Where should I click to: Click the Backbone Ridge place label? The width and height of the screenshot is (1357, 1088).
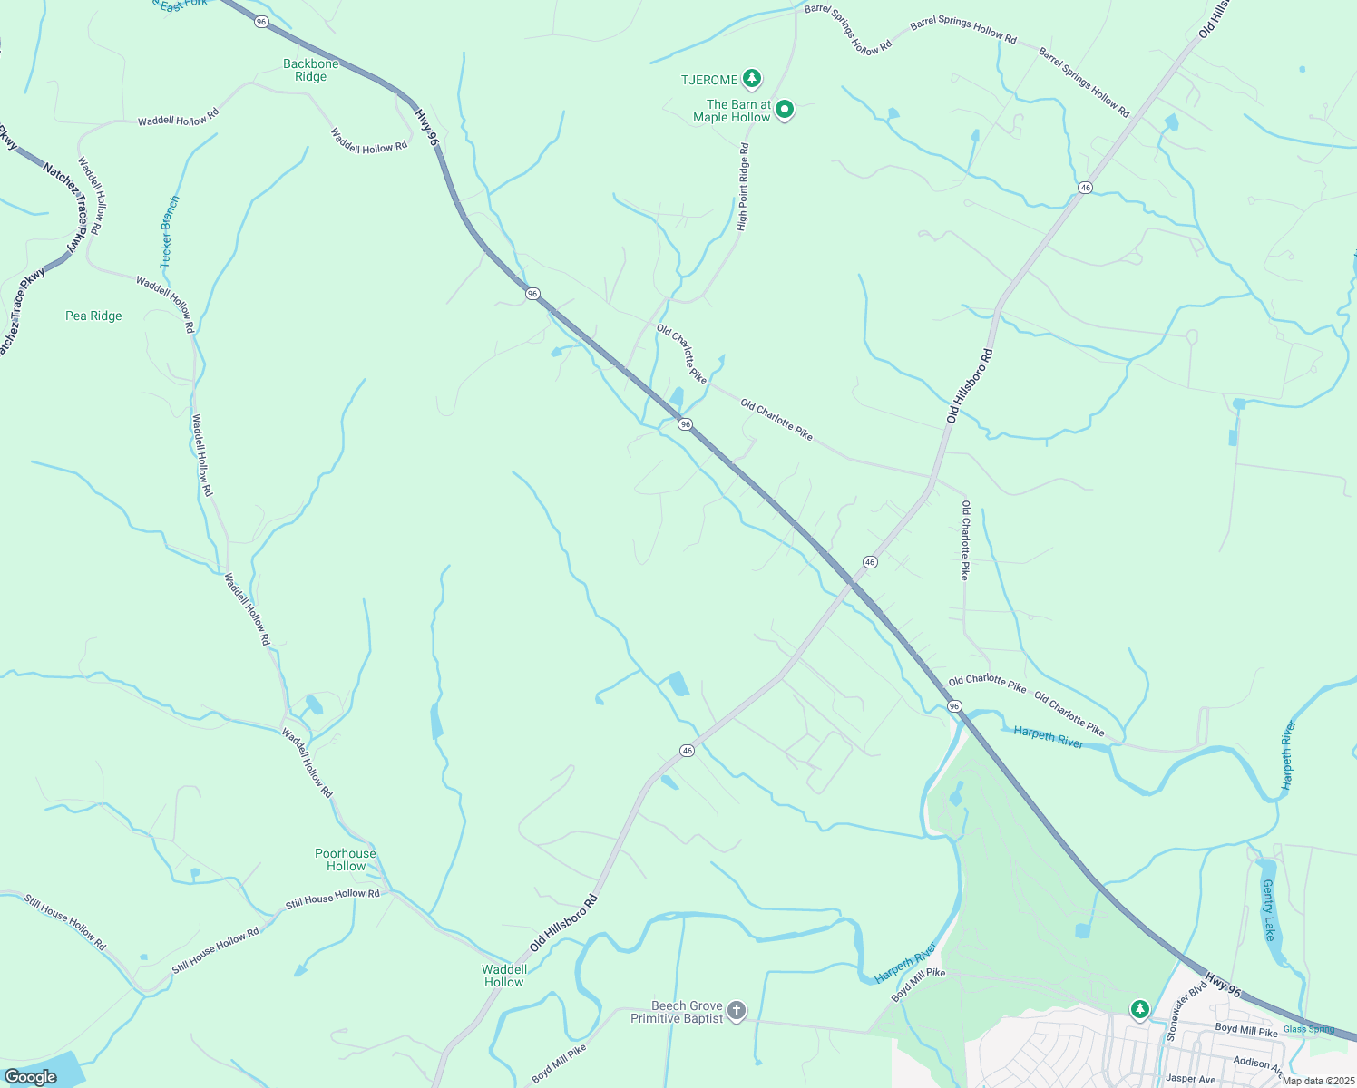pyautogui.click(x=310, y=70)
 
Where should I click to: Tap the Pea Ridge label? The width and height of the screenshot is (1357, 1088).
pyautogui.click(x=93, y=316)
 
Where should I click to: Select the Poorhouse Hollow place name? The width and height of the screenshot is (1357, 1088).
pyautogui.click(x=345, y=860)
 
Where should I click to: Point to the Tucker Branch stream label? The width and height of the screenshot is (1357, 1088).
pyautogui.click(x=170, y=232)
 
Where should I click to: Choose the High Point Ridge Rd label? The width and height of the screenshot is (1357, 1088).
pyautogui.click(x=743, y=187)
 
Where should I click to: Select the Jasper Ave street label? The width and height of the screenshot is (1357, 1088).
pyautogui.click(x=1190, y=1079)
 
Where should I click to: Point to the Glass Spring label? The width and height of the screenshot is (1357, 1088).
pyautogui.click(x=1309, y=1029)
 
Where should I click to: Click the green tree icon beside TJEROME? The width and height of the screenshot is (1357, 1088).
pyautogui.click(x=751, y=79)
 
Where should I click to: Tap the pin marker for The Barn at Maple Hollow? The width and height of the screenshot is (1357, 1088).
pyautogui.click(x=785, y=110)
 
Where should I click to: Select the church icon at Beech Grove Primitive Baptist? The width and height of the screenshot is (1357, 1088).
pyautogui.click(x=737, y=1010)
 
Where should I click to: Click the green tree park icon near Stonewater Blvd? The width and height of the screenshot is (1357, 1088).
pyautogui.click(x=1139, y=1009)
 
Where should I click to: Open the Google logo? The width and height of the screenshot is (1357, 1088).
pyautogui.click(x=30, y=1077)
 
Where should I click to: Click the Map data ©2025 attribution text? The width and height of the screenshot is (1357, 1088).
pyautogui.click(x=1317, y=1081)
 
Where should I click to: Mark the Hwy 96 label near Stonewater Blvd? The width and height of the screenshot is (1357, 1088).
pyautogui.click(x=1222, y=986)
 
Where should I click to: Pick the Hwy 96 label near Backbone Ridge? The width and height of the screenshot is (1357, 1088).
pyautogui.click(x=426, y=127)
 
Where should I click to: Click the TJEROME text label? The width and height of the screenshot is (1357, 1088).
pyautogui.click(x=709, y=80)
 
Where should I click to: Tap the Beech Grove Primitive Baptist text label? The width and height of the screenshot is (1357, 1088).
pyautogui.click(x=678, y=1012)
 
